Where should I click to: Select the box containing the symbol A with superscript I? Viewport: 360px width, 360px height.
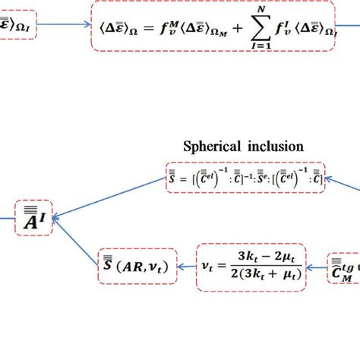[34, 217]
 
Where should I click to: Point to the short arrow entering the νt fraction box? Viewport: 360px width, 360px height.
[317, 265]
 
